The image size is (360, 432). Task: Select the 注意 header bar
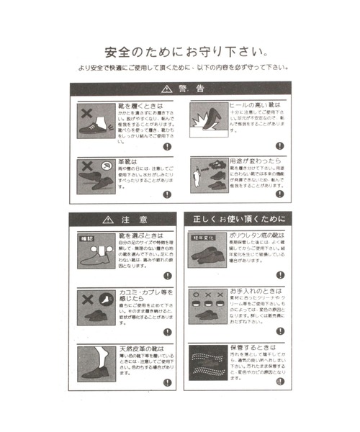[122, 219]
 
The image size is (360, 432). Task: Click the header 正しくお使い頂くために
[238, 219]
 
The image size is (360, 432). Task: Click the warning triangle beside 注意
[109, 219]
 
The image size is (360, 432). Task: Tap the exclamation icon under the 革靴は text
[167, 194]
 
